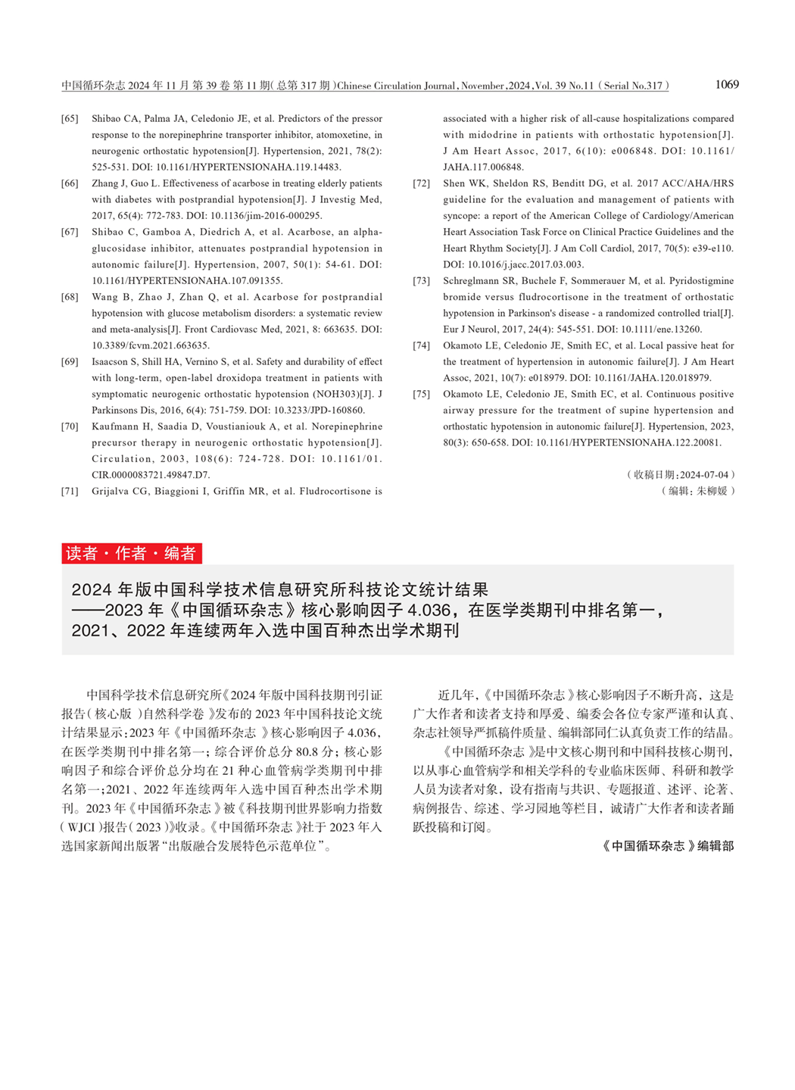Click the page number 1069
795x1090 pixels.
(x=726, y=85)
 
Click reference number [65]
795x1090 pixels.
(x=70, y=119)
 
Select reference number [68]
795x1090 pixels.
(x=70, y=297)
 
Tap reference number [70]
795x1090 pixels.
(x=70, y=426)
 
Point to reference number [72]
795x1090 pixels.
(x=421, y=183)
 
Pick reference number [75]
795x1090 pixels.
(x=421, y=394)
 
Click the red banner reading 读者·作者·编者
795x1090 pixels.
(x=131, y=554)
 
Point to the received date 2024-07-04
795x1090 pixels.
(x=704, y=475)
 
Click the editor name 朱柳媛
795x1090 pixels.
(x=712, y=491)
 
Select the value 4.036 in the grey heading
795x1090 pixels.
(x=430, y=610)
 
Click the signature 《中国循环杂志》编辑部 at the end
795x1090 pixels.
(x=668, y=846)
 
